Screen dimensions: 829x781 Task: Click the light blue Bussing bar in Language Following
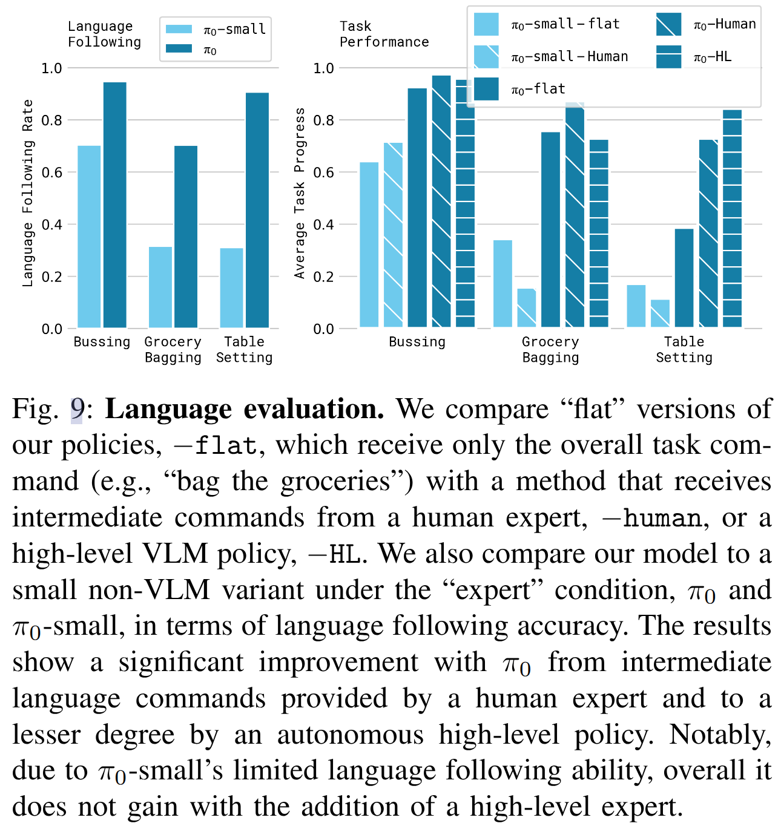click(89, 237)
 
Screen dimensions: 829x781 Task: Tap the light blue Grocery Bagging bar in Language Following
click(160, 287)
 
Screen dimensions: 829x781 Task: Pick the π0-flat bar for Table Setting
click(684, 278)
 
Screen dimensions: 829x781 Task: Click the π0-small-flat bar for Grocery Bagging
click(503, 284)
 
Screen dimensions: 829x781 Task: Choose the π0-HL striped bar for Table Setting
click(732, 218)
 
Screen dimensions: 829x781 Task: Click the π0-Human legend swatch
click(668, 25)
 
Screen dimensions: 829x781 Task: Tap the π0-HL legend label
click(713, 57)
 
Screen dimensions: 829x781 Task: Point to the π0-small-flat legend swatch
click(486, 25)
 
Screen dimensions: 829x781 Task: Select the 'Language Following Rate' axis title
click(27, 193)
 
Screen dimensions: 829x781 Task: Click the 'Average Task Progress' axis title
click(299, 193)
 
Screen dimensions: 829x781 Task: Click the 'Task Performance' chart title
click(384, 34)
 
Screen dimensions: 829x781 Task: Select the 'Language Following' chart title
click(104, 34)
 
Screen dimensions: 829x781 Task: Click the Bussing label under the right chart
click(417, 342)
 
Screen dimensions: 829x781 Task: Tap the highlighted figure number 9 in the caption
click(76, 410)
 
